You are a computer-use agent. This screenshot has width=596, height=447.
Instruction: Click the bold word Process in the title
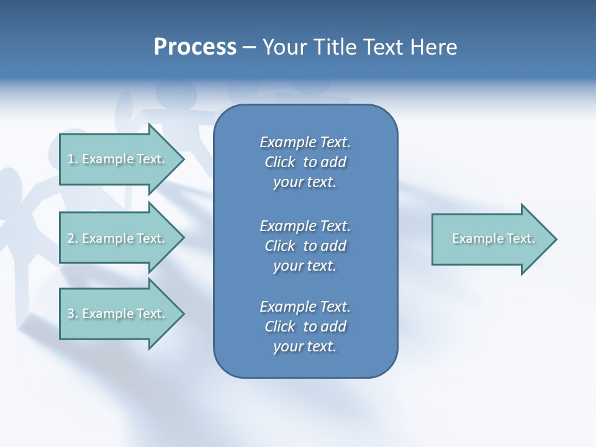pos(195,47)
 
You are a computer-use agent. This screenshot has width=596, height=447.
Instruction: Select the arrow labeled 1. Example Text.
pos(116,159)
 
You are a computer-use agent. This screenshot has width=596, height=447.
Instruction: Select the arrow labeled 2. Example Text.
pos(116,238)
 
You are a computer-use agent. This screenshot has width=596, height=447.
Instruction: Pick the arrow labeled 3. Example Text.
pos(116,314)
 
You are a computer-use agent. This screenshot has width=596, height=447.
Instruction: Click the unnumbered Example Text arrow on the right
pos(493,238)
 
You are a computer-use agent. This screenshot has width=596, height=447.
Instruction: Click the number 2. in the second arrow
pos(72,238)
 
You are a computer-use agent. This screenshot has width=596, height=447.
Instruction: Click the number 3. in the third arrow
pos(72,314)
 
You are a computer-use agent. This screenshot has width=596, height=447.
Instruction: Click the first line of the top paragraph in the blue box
pos(305,142)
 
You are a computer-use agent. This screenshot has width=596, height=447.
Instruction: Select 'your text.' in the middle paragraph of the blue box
pos(305,266)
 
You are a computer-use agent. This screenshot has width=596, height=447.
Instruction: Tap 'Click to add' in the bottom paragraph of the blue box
pos(305,327)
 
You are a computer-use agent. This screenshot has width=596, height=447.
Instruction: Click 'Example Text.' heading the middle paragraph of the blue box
pos(305,225)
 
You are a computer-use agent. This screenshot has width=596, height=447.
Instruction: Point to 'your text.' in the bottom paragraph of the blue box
pos(305,347)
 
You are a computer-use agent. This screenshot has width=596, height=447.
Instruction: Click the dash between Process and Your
pos(250,47)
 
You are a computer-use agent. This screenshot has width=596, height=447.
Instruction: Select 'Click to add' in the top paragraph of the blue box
pos(305,163)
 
